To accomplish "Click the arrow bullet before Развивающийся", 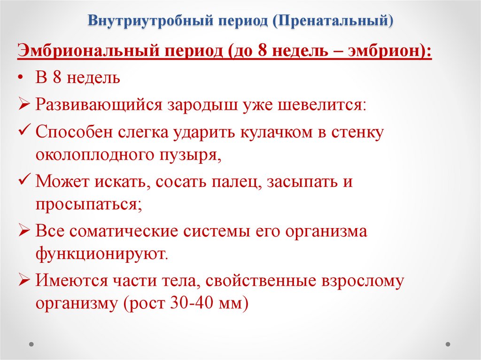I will click(x=24, y=104).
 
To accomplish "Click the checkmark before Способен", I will click(x=24, y=131).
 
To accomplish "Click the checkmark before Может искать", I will click(x=24, y=181).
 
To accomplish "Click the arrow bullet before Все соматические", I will click(x=24, y=231).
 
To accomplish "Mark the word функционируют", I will click(x=101, y=254).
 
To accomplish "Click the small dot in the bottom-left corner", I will click(x=31, y=344).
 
